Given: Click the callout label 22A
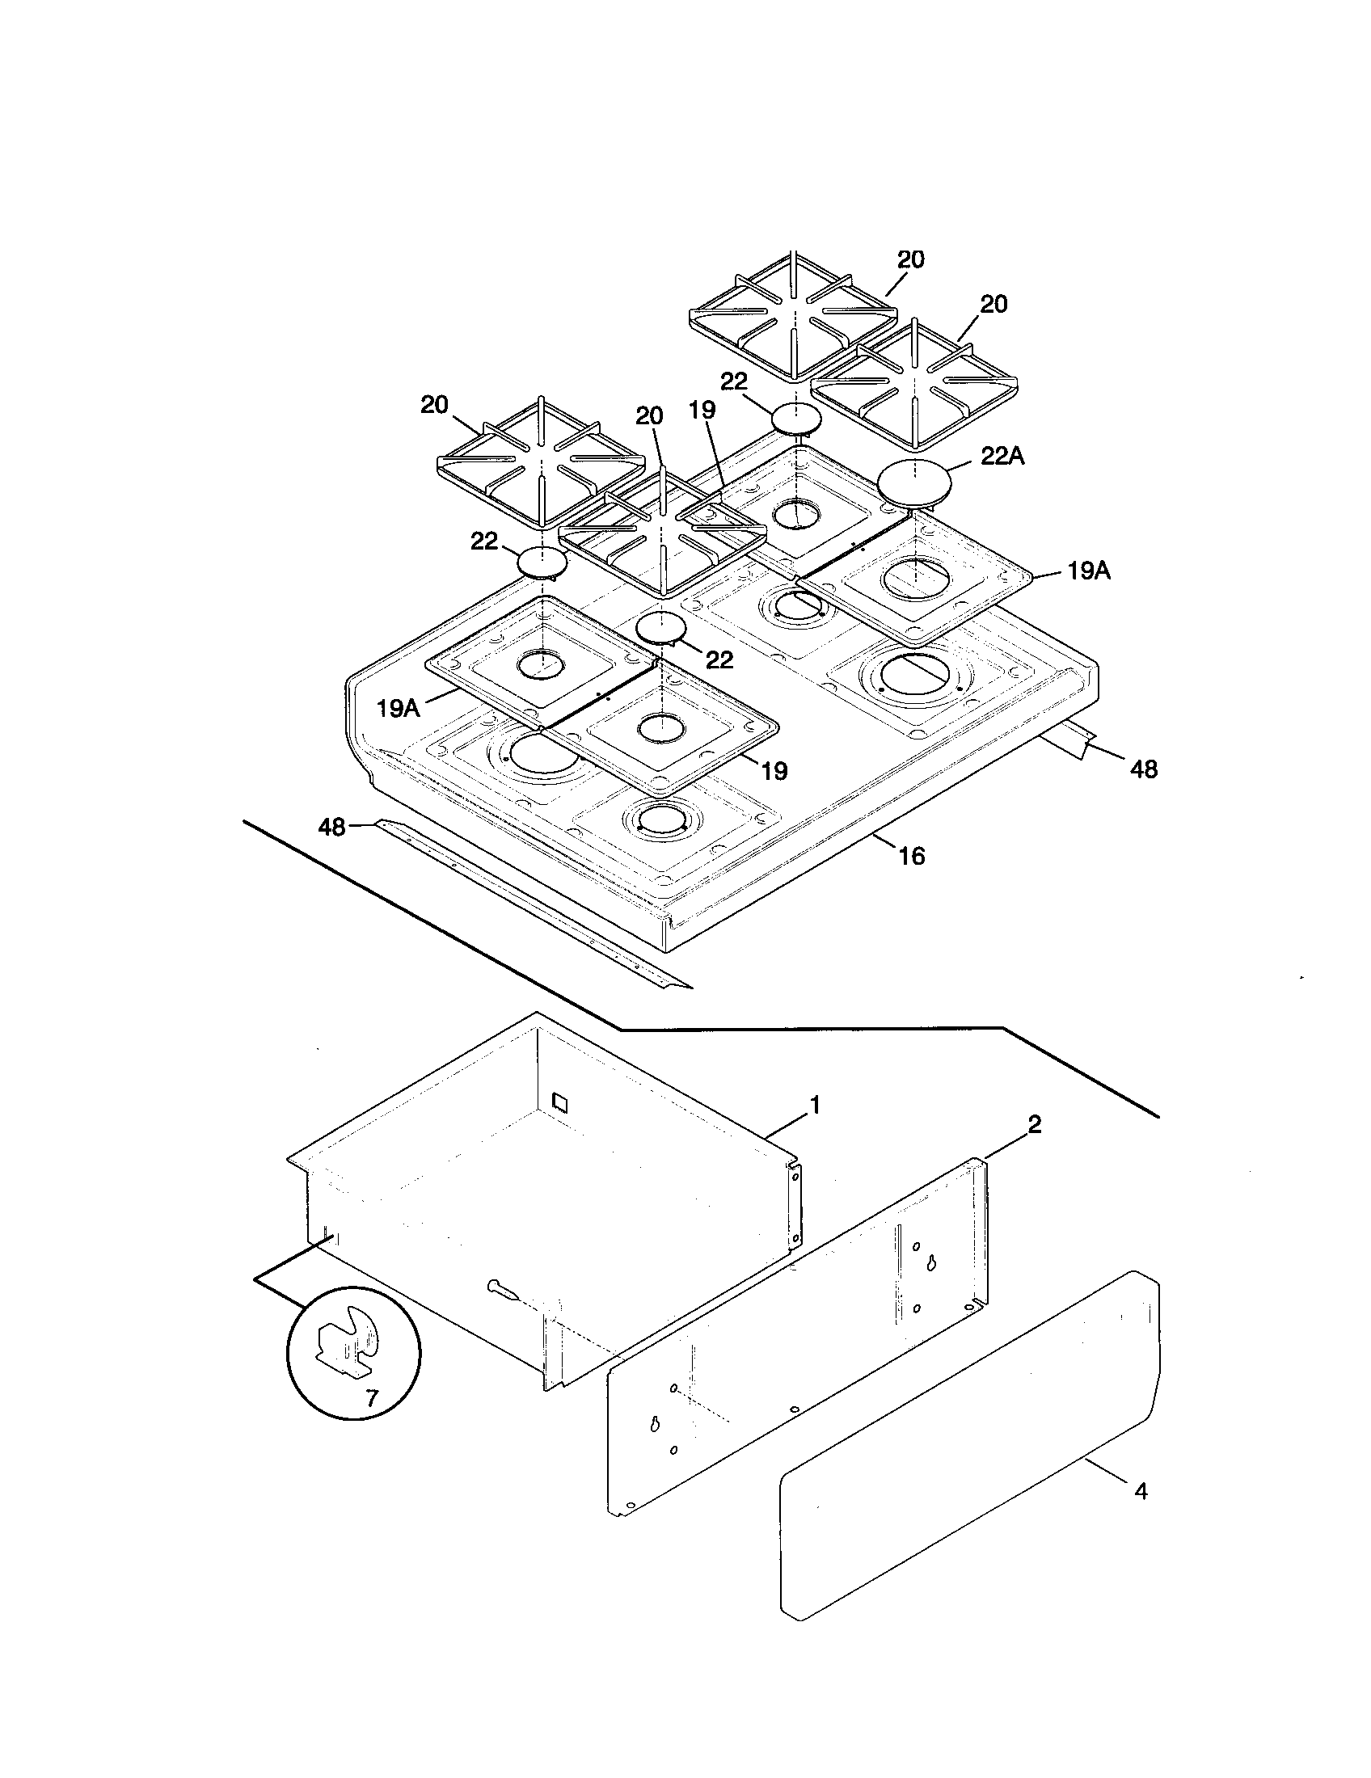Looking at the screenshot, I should click(1002, 457).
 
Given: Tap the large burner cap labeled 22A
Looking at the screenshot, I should click(914, 483).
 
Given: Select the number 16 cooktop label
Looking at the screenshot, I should click(912, 856).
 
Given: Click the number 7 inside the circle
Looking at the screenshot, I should click(371, 1399).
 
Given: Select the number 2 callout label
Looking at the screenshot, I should click(1033, 1124).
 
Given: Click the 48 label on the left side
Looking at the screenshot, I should click(331, 827).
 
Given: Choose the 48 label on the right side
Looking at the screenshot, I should click(1144, 769).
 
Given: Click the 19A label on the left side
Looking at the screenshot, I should click(398, 708).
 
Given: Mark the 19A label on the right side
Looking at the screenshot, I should click(1089, 571).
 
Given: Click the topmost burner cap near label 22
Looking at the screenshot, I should click(796, 419).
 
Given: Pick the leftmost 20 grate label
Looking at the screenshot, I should click(434, 405).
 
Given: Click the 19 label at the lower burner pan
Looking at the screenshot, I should click(774, 770).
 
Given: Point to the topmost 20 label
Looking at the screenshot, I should click(910, 259).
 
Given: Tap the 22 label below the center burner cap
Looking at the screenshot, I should click(719, 659).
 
